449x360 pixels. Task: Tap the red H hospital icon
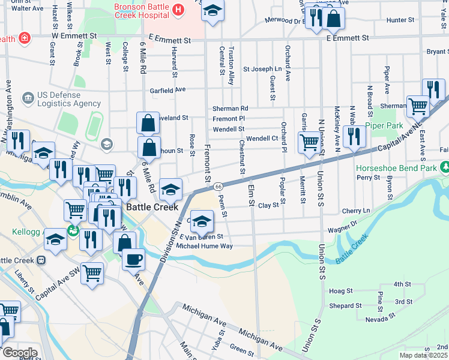[x=178, y=10]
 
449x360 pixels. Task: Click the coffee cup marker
[x=134, y=260]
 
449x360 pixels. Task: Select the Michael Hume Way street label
[x=204, y=246]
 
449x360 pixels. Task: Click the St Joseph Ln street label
[x=262, y=69]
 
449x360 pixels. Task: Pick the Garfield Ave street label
[x=167, y=90]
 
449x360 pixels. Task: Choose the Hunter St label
[x=397, y=20]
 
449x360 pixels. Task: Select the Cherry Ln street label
[x=356, y=211]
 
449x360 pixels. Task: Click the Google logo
[x=19, y=353]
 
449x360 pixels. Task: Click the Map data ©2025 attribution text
[x=424, y=355]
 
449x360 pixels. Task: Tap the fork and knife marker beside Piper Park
[x=354, y=137]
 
